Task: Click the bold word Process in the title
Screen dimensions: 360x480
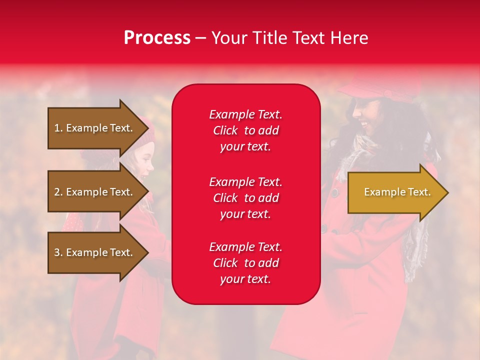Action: (x=157, y=38)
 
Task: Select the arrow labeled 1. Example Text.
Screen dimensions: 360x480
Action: (x=95, y=128)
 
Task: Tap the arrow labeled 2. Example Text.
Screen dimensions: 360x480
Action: (x=95, y=192)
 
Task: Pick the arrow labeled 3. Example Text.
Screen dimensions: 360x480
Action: (x=95, y=252)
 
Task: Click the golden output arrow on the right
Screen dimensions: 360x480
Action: (x=395, y=192)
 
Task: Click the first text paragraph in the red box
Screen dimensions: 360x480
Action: (x=245, y=130)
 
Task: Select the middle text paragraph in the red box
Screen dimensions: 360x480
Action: (x=245, y=198)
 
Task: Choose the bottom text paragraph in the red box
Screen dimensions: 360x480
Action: (x=245, y=263)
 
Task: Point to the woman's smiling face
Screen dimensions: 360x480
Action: (x=365, y=117)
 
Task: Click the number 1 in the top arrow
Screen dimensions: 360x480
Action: (x=57, y=128)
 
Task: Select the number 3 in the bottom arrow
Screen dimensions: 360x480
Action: (x=57, y=252)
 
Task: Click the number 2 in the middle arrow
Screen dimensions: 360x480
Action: (x=57, y=192)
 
